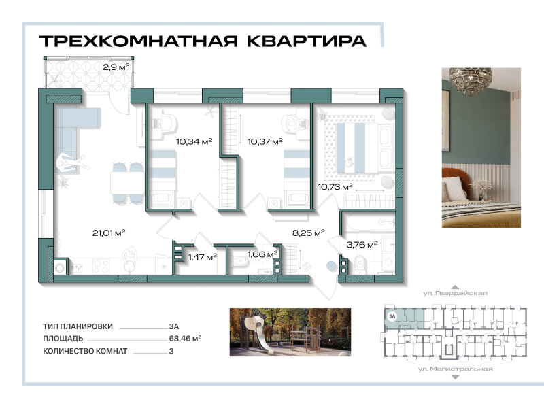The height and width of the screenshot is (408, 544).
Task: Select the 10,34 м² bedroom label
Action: pyautogui.click(x=194, y=141)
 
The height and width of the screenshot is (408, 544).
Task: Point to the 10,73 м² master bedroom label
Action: pyautogui.click(x=335, y=186)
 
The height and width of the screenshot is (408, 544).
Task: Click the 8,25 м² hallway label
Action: pyautogui.click(x=308, y=233)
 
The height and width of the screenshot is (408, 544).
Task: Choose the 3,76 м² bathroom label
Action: pyautogui.click(x=362, y=245)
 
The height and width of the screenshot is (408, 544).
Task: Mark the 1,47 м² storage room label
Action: pyautogui.click(x=202, y=256)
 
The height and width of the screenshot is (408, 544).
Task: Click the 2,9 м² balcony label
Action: pyautogui.click(x=116, y=67)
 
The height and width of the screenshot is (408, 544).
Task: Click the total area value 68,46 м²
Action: pyautogui.click(x=184, y=337)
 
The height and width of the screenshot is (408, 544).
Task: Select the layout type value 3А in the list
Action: pyautogui.click(x=174, y=326)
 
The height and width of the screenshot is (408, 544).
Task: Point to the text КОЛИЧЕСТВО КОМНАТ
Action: pyautogui.click(x=85, y=351)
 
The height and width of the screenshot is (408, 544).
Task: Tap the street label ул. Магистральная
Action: pyautogui.click(x=455, y=369)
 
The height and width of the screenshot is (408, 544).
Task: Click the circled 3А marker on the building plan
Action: pyautogui.click(x=392, y=316)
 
